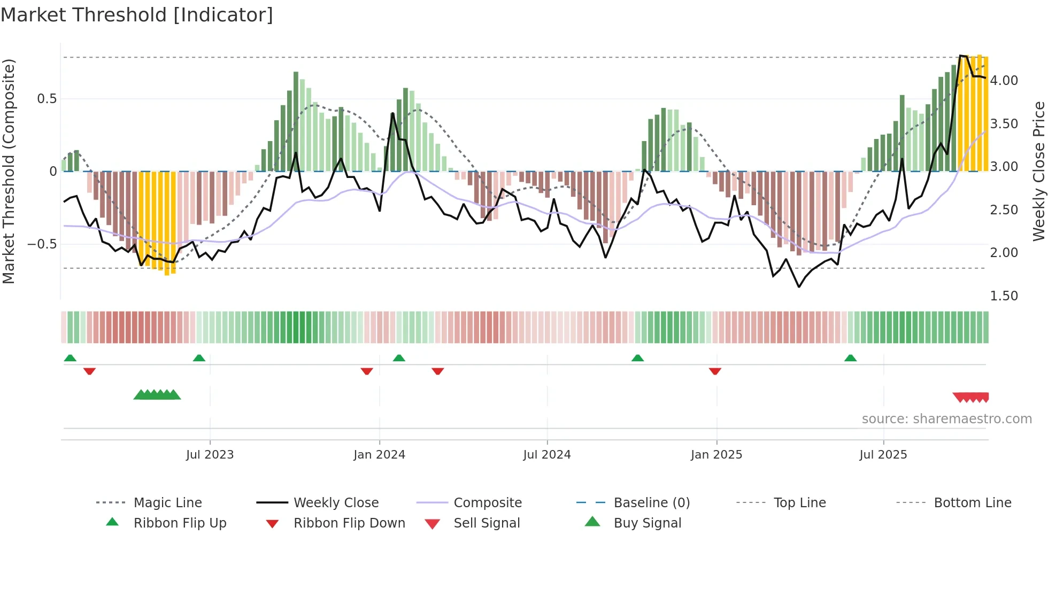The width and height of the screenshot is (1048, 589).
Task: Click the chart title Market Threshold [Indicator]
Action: click(x=137, y=15)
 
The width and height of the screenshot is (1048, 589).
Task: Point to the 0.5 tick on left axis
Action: click(x=47, y=99)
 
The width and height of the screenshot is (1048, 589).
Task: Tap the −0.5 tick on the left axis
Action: click(x=42, y=244)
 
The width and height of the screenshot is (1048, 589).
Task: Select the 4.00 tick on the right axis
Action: click(x=1004, y=81)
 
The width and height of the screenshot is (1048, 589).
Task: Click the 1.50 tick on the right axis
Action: click(x=1004, y=296)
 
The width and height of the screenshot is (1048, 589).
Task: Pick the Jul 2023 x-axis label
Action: click(x=210, y=455)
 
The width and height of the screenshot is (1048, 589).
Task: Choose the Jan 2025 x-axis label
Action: click(x=716, y=455)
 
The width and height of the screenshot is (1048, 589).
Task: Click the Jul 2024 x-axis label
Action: click(x=546, y=455)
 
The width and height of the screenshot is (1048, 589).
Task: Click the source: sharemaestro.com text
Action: click(x=946, y=419)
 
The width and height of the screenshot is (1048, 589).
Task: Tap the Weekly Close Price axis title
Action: click(x=1038, y=171)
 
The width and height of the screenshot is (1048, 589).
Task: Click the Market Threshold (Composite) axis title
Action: click(x=9, y=171)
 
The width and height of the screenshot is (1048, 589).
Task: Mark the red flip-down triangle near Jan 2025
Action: click(x=715, y=371)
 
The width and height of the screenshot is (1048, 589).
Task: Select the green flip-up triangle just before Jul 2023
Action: click(x=199, y=358)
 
